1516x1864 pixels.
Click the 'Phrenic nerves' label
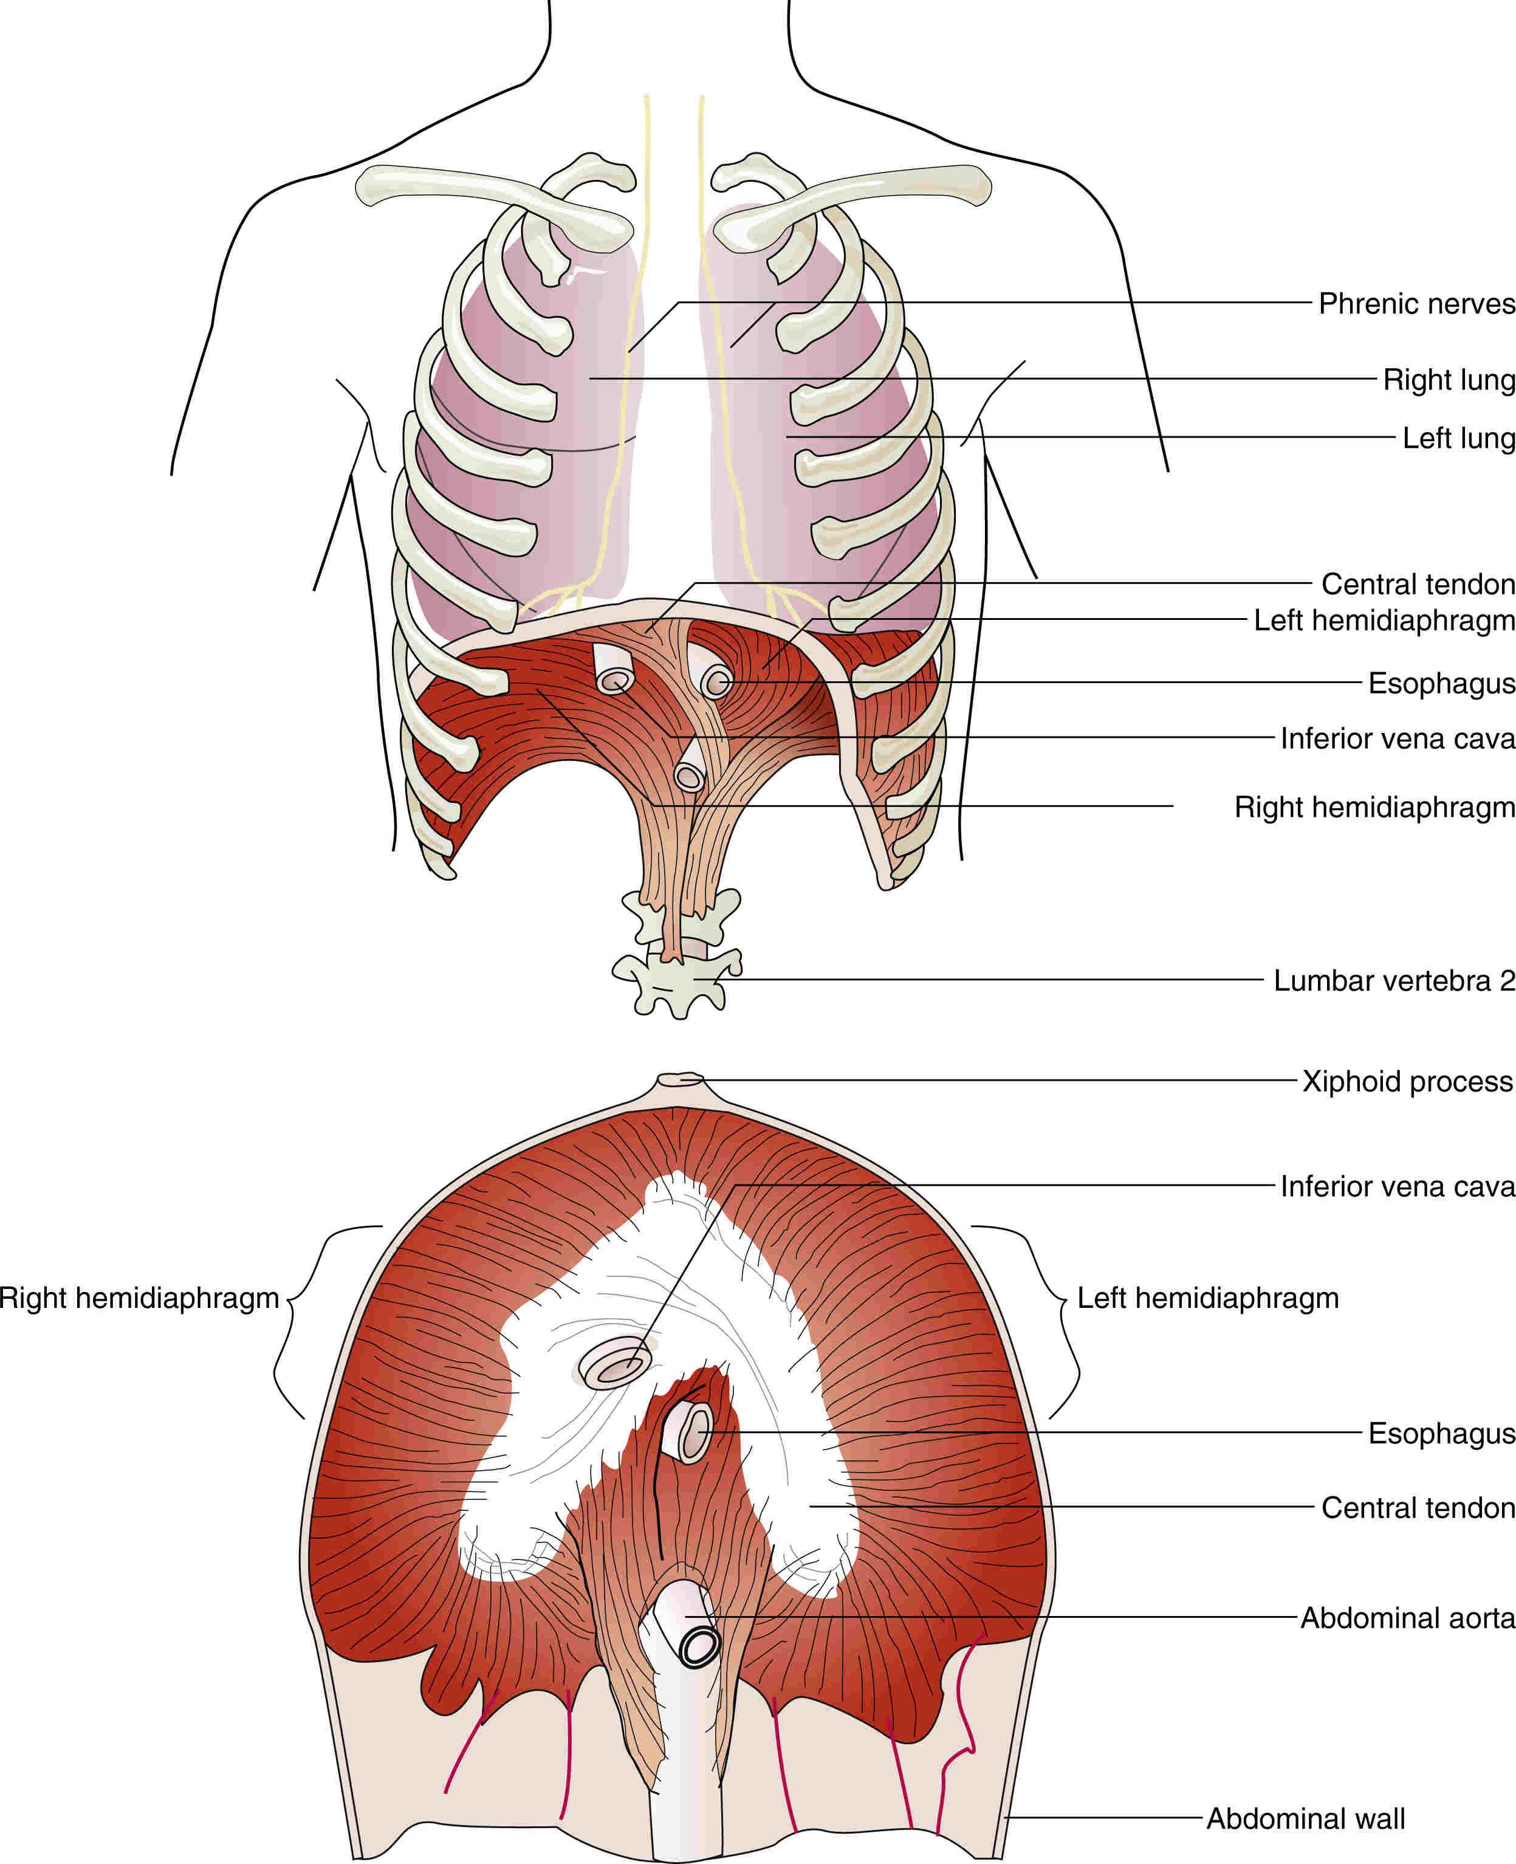1416,304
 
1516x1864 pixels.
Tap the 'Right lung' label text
1449,380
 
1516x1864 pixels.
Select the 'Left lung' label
1458,438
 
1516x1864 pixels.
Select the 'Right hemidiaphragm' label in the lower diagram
140,1298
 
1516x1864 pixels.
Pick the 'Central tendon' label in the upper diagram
1418,583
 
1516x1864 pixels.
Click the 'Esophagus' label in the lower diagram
1441,1433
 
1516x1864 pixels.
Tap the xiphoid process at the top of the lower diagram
681,1079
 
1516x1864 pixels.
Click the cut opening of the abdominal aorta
699,1646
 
